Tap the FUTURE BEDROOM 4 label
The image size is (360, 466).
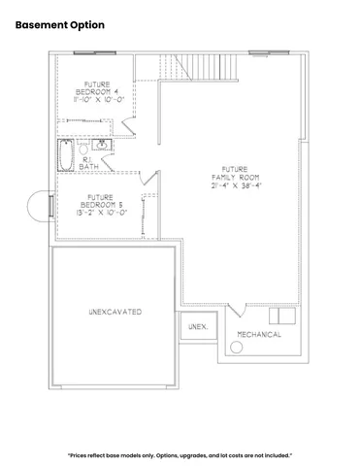97,89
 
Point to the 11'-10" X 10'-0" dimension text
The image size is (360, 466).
98,99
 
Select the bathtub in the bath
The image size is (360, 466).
66,155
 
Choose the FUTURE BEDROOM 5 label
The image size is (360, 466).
100,201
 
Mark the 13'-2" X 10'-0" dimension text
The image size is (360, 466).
100,212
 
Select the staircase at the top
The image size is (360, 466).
198,69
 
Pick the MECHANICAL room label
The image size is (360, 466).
258,335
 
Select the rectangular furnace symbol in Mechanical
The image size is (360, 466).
282,316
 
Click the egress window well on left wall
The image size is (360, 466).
47,206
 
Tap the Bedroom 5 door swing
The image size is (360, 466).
148,178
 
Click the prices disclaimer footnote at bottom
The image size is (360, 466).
180,454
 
